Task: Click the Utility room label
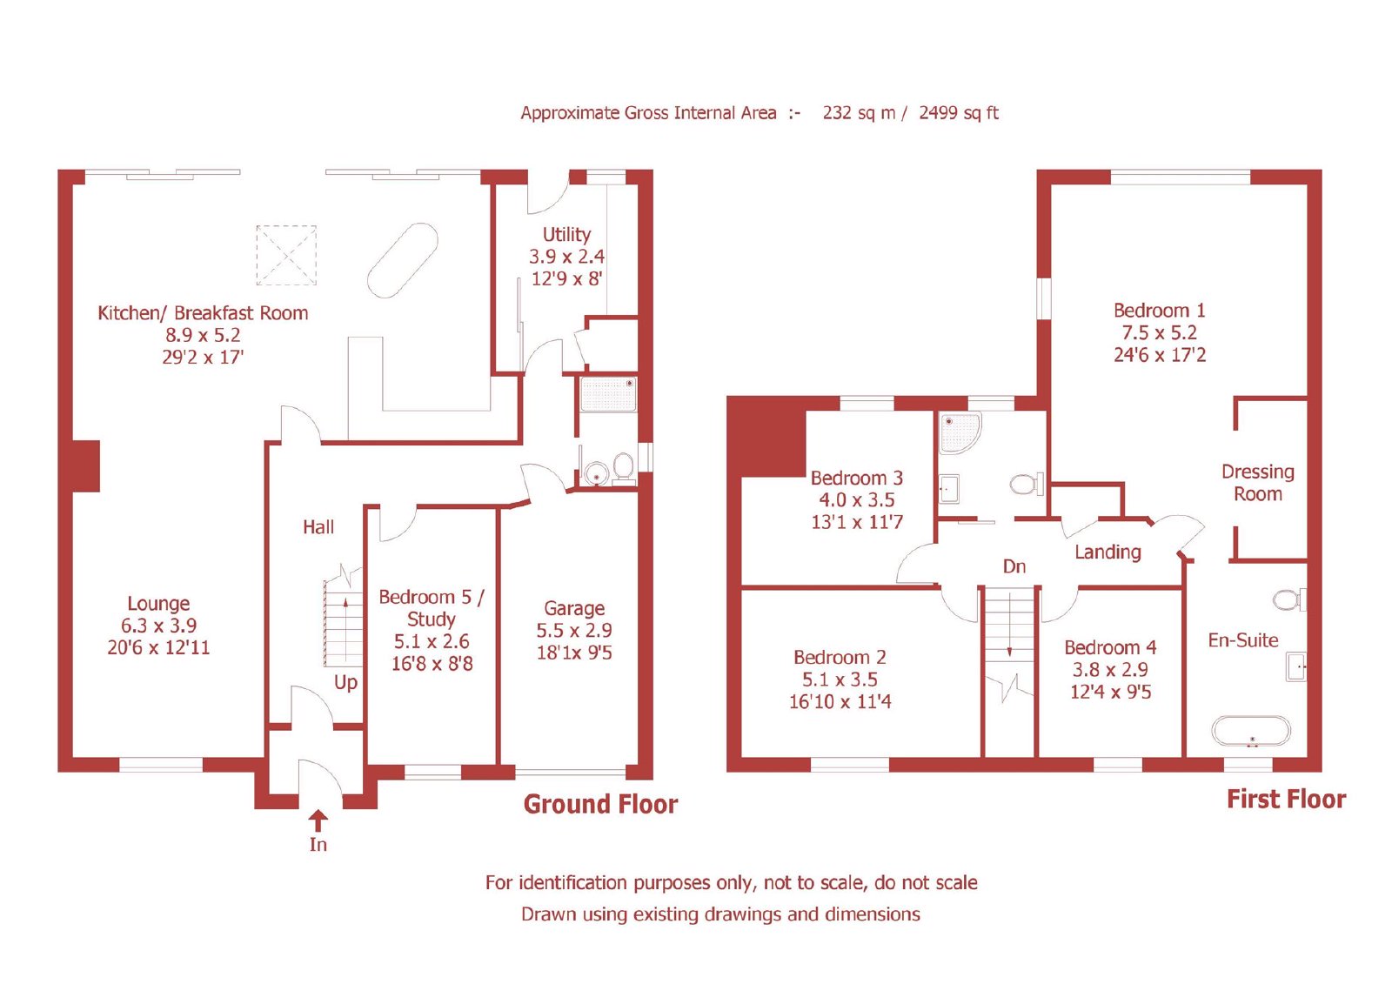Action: pyautogui.click(x=566, y=235)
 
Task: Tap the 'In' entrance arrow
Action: pyautogui.click(x=318, y=820)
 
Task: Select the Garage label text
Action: pyautogui.click(x=574, y=608)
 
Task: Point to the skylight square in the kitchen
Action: pyautogui.click(x=286, y=256)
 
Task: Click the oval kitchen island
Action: pyautogui.click(x=403, y=260)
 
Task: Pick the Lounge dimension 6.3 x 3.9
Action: pyautogui.click(x=158, y=626)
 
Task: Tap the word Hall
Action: pyautogui.click(x=318, y=527)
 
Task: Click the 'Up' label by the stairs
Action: pyautogui.click(x=345, y=682)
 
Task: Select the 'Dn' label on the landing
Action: pyautogui.click(x=1014, y=566)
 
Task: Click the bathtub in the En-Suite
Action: pyautogui.click(x=1251, y=731)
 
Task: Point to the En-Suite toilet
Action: pyautogui.click(x=1288, y=599)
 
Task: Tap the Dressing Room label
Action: pyautogui.click(x=1258, y=482)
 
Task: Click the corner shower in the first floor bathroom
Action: pyautogui.click(x=960, y=433)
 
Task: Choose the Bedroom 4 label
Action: pyautogui.click(x=1110, y=647)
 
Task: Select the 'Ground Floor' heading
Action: pyautogui.click(x=600, y=805)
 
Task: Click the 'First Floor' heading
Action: pyautogui.click(x=1287, y=800)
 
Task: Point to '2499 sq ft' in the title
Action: pyautogui.click(x=958, y=113)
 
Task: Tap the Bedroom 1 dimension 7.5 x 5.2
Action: pyautogui.click(x=1159, y=332)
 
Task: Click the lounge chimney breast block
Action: pyautogui.click(x=86, y=466)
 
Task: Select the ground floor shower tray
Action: pyautogui.click(x=608, y=394)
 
